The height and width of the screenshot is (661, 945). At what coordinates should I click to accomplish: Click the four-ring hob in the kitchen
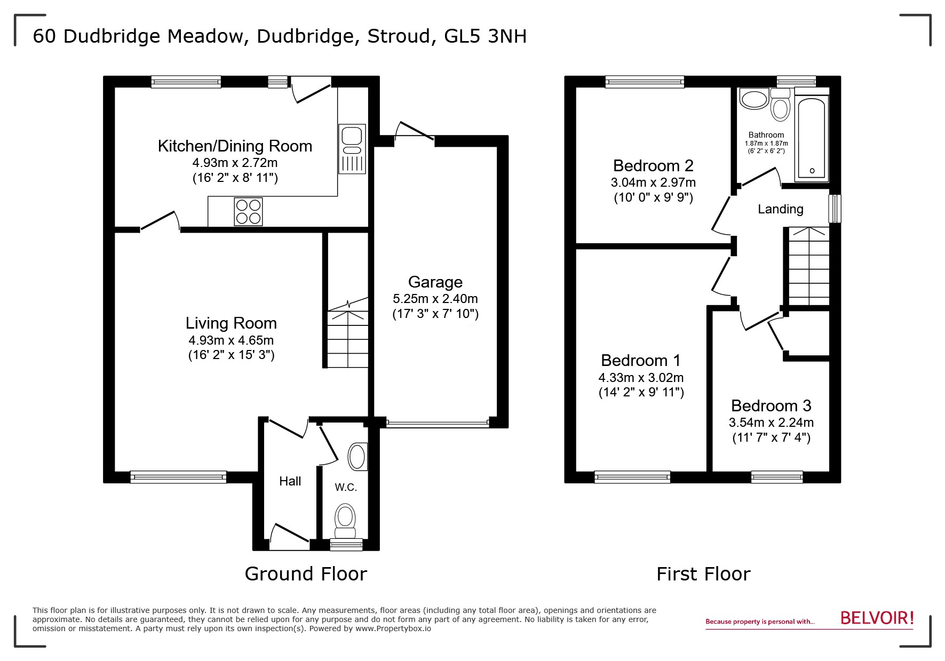click(x=248, y=212)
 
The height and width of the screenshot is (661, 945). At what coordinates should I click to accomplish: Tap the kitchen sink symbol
click(x=352, y=149)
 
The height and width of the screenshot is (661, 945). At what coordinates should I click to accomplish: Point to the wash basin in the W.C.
click(x=357, y=457)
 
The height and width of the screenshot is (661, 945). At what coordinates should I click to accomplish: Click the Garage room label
click(x=435, y=282)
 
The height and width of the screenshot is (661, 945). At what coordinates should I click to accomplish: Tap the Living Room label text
click(x=231, y=323)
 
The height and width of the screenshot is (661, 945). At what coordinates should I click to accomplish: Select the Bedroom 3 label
click(x=771, y=405)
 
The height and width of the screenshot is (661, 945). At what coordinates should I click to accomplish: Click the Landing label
click(x=780, y=209)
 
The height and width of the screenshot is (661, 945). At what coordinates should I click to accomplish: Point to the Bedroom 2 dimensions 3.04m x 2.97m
click(x=653, y=182)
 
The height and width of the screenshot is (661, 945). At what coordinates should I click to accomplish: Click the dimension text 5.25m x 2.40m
click(x=435, y=299)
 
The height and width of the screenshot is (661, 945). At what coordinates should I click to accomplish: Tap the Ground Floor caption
click(x=306, y=574)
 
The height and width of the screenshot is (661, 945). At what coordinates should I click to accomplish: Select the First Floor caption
click(x=703, y=574)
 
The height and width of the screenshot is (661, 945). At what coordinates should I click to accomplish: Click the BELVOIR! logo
click(x=877, y=618)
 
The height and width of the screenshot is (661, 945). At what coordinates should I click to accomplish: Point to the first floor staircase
click(x=808, y=267)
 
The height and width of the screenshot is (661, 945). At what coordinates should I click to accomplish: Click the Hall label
click(x=290, y=481)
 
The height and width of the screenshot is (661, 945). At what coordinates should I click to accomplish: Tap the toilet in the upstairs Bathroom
click(x=780, y=107)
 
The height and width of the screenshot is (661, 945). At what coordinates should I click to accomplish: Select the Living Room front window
click(x=178, y=477)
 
